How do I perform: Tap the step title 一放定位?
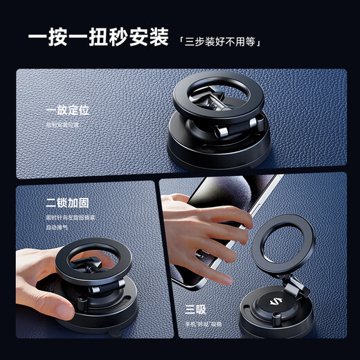coord(67,110)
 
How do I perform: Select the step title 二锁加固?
coord(67,204)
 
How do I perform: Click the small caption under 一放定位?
coord(64,125)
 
